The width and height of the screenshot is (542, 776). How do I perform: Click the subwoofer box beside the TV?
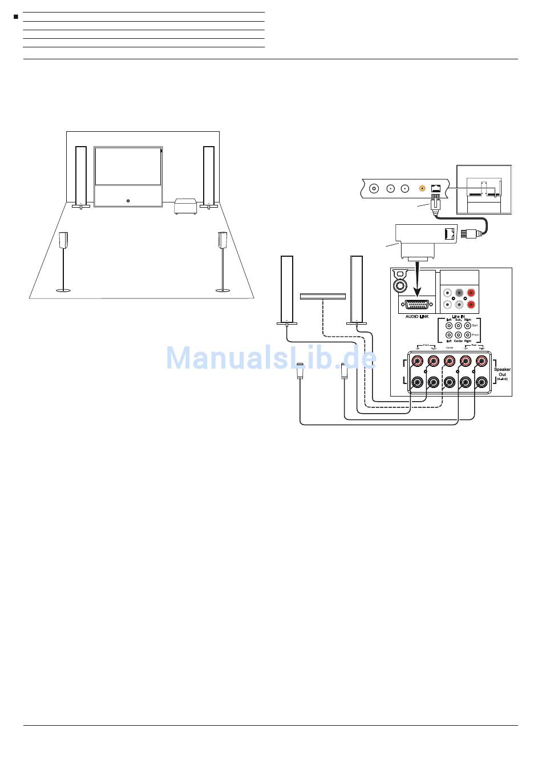coord(186,206)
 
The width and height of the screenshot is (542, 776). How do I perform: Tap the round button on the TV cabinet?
coord(128,200)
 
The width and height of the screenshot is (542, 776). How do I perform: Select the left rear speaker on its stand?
coord(64,240)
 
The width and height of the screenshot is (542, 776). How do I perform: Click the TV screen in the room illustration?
coord(128,165)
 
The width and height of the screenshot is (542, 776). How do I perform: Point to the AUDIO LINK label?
coord(416,317)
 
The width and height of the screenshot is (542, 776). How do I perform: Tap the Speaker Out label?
coord(502,372)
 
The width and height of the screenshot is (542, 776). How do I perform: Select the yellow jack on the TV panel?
coord(422,188)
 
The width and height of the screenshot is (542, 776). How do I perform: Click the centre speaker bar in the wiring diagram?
coord(323,296)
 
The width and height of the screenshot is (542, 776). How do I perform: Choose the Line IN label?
coord(458,317)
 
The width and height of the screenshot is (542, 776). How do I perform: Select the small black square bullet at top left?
coord(16,17)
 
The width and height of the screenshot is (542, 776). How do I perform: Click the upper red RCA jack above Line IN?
coord(471,293)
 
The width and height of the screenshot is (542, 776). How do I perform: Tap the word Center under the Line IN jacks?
coord(458,341)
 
